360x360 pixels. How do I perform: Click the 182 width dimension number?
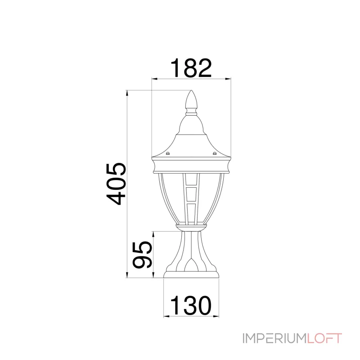[191, 68]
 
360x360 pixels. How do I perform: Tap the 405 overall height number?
[116, 184]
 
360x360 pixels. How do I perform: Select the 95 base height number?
[143, 255]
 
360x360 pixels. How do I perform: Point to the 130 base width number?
[190, 306]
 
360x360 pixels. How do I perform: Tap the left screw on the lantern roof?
[168, 153]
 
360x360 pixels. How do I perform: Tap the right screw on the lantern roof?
[215, 153]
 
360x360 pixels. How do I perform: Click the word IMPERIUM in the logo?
[274, 338]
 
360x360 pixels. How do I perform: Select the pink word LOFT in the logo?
[324, 338]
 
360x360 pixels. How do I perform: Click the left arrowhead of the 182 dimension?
[154, 79]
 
